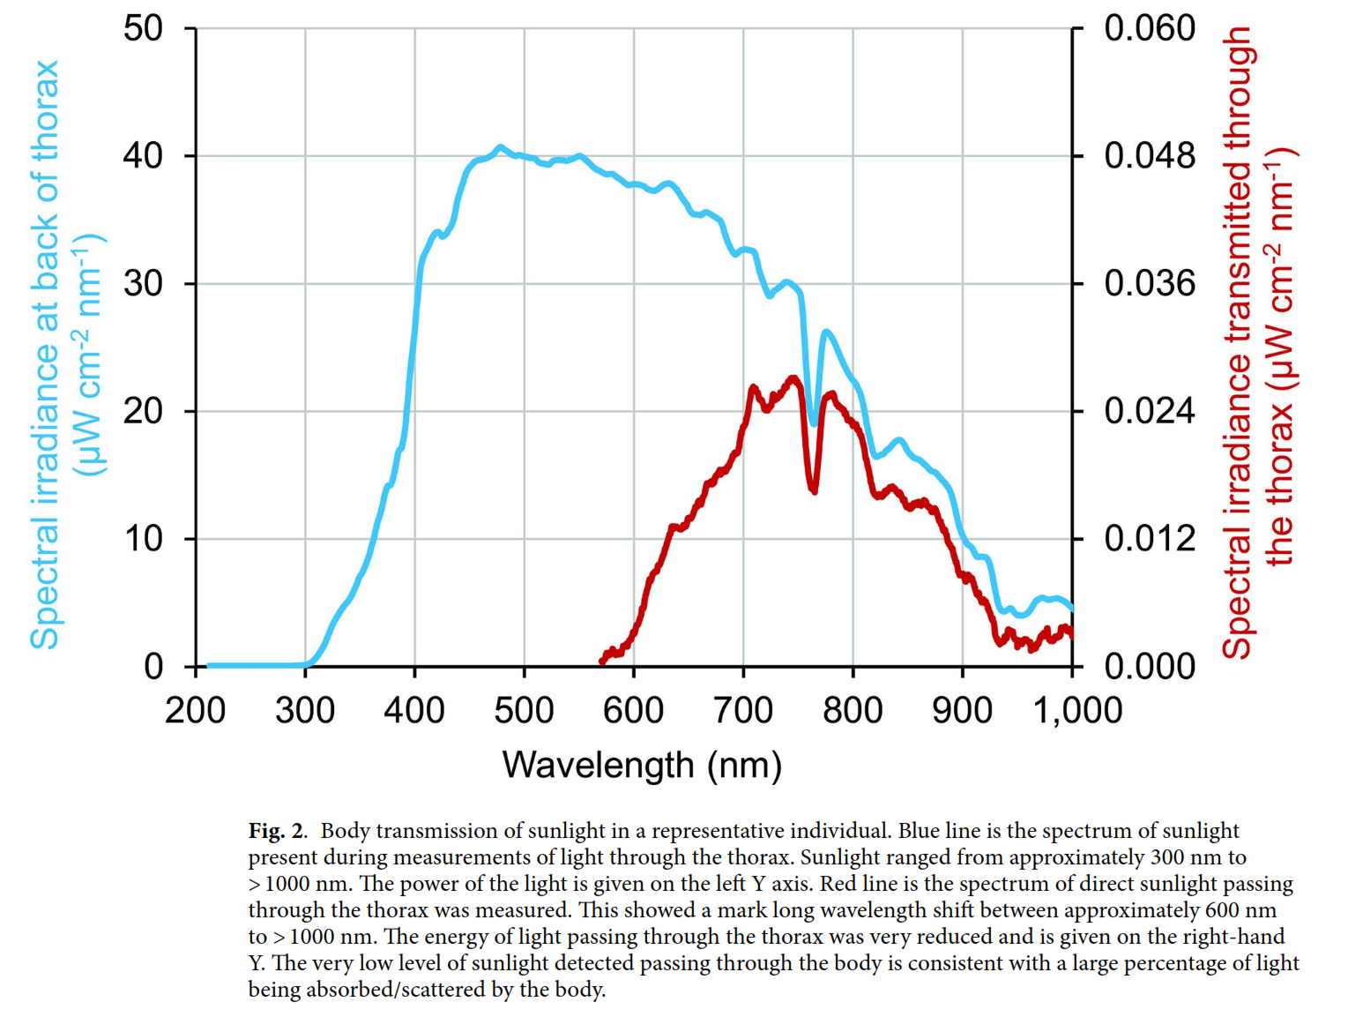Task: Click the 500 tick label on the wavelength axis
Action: coord(524,710)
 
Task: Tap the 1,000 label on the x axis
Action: coord(1077,710)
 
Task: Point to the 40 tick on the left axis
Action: coord(143,156)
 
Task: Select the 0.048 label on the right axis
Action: coord(1150,156)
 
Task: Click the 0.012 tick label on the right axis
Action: coord(1150,539)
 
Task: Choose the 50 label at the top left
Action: coord(143,28)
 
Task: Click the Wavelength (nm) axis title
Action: coord(642,765)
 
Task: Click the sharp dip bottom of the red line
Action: coord(814,490)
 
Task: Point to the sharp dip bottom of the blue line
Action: coord(815,424)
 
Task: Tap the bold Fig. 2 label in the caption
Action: coord(277,831)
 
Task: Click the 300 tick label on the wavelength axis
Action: coord(305,710)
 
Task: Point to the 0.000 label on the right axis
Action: coord(1150,667)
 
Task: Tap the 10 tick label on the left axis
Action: coord(143,539)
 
